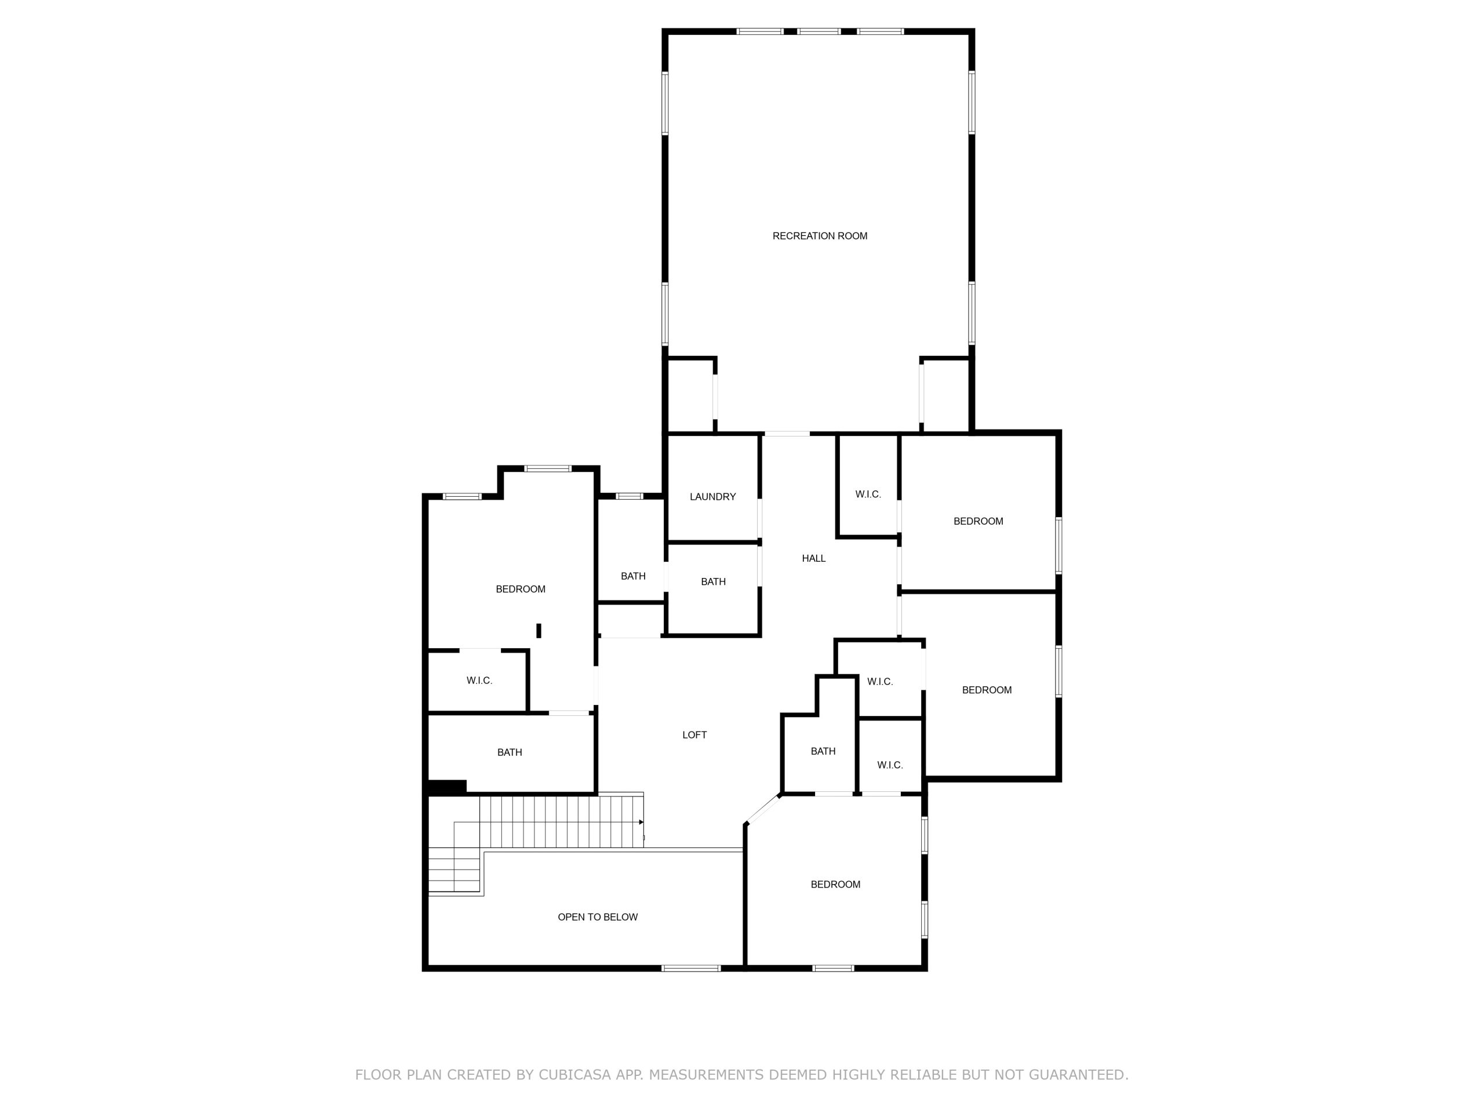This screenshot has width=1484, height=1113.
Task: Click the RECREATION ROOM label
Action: pyautogui.click(x=820, y=236)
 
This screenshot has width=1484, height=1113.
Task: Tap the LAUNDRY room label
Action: pyautogui.click(x=712, y=497)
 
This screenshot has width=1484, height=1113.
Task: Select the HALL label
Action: pyautogui.click(x=814, y=558)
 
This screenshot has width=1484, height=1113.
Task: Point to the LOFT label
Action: pyautogui.click(x=694, y=735)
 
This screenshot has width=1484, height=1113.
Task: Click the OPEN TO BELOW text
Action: pyautogui.click(x=598, y=917)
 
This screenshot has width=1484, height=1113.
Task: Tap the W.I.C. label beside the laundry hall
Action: pyautogui.click(x=868, y=494)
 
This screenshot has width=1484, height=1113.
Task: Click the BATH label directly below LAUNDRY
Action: pyautogui.click(x=713, y=581)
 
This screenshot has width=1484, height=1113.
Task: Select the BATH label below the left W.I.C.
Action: pyautogui.click(x=510, y=753)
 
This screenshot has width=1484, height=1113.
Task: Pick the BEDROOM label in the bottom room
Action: pyautogui.click(x=835, y=884)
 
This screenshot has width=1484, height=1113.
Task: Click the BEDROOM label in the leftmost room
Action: pyautogui.click(x=521, y=589)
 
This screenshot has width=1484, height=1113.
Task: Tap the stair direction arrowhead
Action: pyautogui.click(x=641, y=822)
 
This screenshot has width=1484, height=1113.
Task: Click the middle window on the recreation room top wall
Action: pyautogui.click(x=819, y=31)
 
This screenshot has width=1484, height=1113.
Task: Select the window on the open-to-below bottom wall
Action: pyautogui.click(x=691, y=968)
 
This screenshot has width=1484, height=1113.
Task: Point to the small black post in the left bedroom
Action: pyautogui.click(x=539, y=631)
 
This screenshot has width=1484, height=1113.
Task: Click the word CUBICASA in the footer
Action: pyautogui.click(x=575, y=1075)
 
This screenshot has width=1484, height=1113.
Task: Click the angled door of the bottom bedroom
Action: pyautogui.click(x=763, y=809)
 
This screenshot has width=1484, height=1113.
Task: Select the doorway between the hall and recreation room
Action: pyautogui.click(x=787, y=434)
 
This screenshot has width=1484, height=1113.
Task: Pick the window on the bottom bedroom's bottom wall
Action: pyautogui.click(x=832, y=968)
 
